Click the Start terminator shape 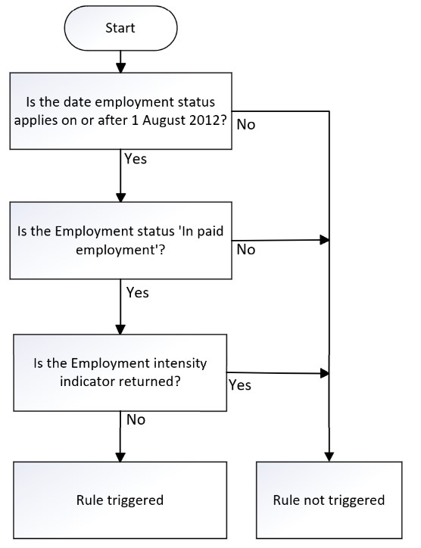point(120,28)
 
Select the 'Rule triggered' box point(120,500)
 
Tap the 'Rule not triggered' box point(329,500)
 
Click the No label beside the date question point(246,125)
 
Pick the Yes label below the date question point(136,159)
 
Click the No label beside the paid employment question point(246,250)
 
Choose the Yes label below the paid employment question point(137,292)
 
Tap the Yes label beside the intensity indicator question point(240,385)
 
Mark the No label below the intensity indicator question point(136,420)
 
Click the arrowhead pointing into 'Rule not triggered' point(329,457)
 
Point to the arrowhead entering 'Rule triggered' point(120,457)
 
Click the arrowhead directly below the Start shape point(120,68)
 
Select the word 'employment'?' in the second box point(120,251)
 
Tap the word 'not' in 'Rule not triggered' point(314,500)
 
